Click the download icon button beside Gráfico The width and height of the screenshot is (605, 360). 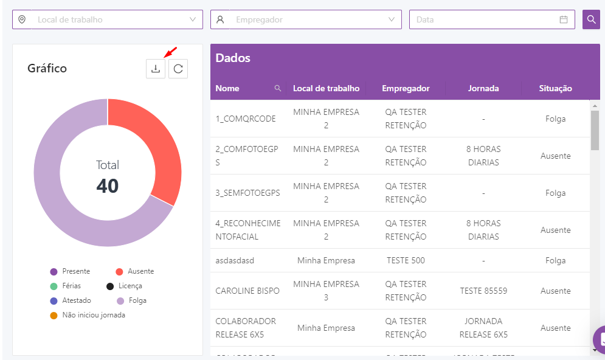(156, 69)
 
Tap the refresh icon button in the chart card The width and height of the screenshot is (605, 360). (178, 69)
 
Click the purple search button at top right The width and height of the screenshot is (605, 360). (591, 19)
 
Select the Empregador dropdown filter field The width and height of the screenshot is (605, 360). (306, 19)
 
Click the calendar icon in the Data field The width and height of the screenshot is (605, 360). (564, 19)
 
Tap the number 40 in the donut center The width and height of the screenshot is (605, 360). (108, 186)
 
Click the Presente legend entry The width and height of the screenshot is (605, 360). (75, 271)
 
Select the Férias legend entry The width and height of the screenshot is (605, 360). (71, 286)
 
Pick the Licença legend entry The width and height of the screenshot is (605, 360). (130, 286)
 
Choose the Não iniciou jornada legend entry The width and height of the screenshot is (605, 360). (93, 315)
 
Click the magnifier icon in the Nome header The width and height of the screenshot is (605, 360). (278, 88)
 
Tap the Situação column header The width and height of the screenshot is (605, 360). (555, 88)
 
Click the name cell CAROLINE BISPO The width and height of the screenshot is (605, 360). (247, 291)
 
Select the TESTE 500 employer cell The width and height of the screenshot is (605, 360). (406, 260)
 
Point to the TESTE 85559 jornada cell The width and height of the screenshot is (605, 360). (483, 291)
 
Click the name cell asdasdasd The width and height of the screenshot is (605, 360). (235, 260)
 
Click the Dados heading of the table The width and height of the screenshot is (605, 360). (233, 58)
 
